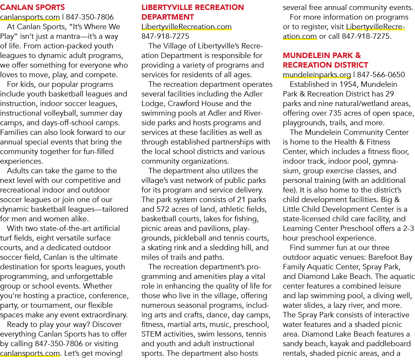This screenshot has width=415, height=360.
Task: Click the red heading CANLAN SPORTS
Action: (32, 7)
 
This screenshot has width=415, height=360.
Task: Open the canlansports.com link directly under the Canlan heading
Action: (30, 17)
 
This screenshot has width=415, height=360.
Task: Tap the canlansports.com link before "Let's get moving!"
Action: (30, 353)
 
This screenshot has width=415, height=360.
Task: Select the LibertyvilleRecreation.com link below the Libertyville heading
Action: (186, 27)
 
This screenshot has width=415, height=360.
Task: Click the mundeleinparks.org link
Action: (317, 75)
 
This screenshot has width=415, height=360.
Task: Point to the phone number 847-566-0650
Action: (381, 75)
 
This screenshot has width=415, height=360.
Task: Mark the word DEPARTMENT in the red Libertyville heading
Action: (168, 17)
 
